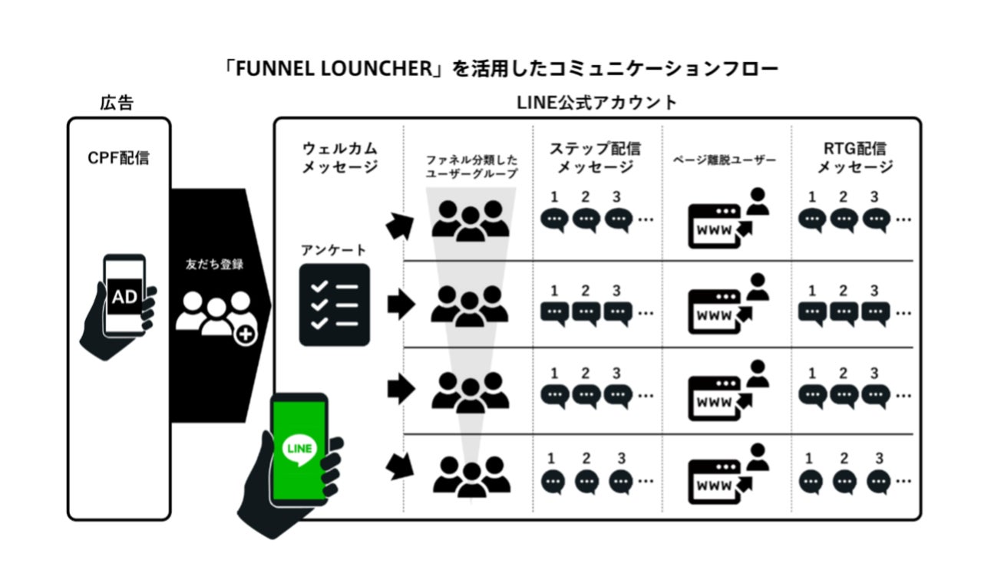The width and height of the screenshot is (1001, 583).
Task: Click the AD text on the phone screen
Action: [124, 297]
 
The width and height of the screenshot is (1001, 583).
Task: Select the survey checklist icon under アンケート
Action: [334, 305]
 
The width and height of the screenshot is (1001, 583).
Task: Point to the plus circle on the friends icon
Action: [246, 334]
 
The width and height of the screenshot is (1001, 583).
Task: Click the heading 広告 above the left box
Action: [116, 103]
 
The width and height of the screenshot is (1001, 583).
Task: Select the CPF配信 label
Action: [118, 159]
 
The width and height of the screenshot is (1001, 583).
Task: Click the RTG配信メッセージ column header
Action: [854, 157]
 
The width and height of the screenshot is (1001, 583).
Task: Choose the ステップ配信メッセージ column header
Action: [596, 157]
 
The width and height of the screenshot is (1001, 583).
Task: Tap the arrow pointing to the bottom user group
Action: [400, 467]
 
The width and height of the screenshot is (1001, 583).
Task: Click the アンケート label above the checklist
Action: [334, 250]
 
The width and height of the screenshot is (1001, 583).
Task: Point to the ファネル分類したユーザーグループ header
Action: [471, 166]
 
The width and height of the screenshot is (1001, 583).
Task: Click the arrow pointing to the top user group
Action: [400, 224]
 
